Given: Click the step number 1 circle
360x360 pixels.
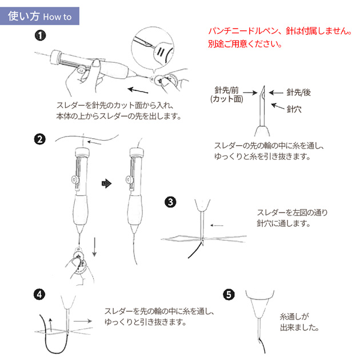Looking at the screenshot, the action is click(x=40, y=36).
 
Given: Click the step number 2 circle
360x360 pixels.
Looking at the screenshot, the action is click(x=40, y=139).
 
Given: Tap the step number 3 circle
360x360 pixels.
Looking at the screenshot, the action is click(x=170, y=202).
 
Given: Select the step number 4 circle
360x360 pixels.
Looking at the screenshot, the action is click(x=39, y=294).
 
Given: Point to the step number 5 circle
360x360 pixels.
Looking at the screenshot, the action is click(x=229, y=294).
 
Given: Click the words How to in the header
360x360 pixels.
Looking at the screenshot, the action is click(x=57, y=17).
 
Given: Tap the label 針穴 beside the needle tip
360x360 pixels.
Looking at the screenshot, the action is click(x=294, y=109).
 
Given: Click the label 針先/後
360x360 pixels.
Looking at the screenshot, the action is click(x=298, y=93).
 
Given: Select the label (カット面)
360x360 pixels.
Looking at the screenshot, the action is click(x=227, y=99).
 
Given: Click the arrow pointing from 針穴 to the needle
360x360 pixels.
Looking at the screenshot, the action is click(x=278, y=106).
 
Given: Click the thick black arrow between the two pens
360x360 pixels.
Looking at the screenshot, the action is click(x=106, y=183).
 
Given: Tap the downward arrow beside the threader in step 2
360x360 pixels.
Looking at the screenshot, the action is click(x=94, y=247).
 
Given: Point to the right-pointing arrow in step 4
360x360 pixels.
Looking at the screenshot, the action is click(x=83, y=321).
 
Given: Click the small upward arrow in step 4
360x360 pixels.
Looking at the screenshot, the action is click(x=50, y=323).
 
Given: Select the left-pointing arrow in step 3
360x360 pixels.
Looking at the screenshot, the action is click(x=217, y=226).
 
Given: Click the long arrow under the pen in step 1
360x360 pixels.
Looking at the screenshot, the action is click(x=138, y=90).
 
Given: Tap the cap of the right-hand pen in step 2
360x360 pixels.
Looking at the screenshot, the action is click(x=137, y=153).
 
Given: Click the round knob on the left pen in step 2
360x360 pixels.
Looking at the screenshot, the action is click(x=75, y=180).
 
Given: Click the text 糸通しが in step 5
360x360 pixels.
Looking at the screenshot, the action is click(x=294, y=317).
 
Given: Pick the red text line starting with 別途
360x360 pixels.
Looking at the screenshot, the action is click(x=245, y=43).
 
